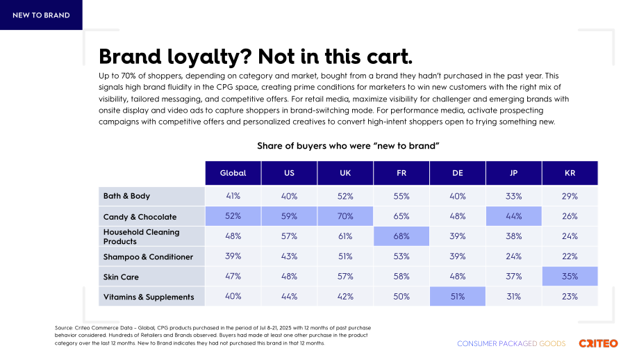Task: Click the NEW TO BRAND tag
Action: point(41,15)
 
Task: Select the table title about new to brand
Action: point(348,146)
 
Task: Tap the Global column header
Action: point(233,173)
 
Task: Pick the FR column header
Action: point(401,173)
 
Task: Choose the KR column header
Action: point(570,173)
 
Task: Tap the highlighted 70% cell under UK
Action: point(345,216)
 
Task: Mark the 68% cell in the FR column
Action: point(401,236)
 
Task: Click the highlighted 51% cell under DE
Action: point(458,296)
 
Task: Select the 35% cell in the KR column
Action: point(570,277)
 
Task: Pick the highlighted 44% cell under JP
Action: point(514,216)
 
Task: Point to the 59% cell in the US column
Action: point(290,216)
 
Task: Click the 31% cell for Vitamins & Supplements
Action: point(514,296)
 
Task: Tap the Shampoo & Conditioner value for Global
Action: point(233,256)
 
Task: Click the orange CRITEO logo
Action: point(598,343)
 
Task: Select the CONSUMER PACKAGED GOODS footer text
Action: point(511,344)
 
